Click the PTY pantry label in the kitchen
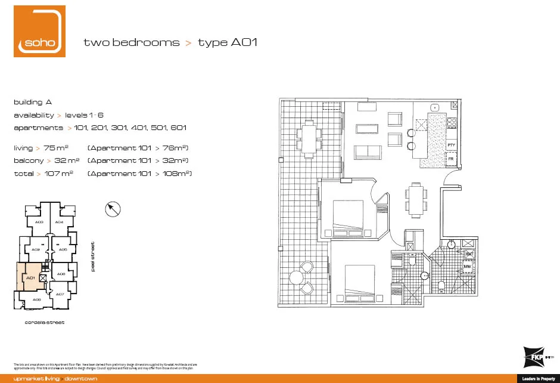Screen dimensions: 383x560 click(x=451, y=145)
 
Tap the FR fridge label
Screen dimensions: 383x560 click(x=451, y=160)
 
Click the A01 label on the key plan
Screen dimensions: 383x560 click(x=29, y=277)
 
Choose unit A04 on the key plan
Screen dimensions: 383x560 click(x=59, y=222)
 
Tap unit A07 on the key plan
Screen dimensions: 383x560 click(x=60, y=294)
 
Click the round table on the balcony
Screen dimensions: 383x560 click(x=296, y=277)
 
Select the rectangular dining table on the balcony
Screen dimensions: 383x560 click(x=309, y=137)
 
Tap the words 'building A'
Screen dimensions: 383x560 click(x=33, y=102)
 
